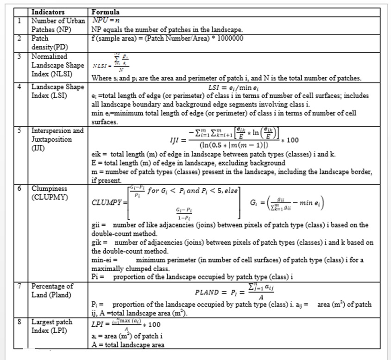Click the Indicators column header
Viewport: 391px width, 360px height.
[x=48, y=12]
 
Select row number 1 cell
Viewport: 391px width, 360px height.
[x=19, y=21]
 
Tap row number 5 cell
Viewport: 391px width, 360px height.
[x=19, y=130]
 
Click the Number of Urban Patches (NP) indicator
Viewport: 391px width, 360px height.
[x=58, y=25]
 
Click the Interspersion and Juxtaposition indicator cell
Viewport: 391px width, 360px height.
[x=57, y=139]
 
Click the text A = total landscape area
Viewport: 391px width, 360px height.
[x=128, y=344]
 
